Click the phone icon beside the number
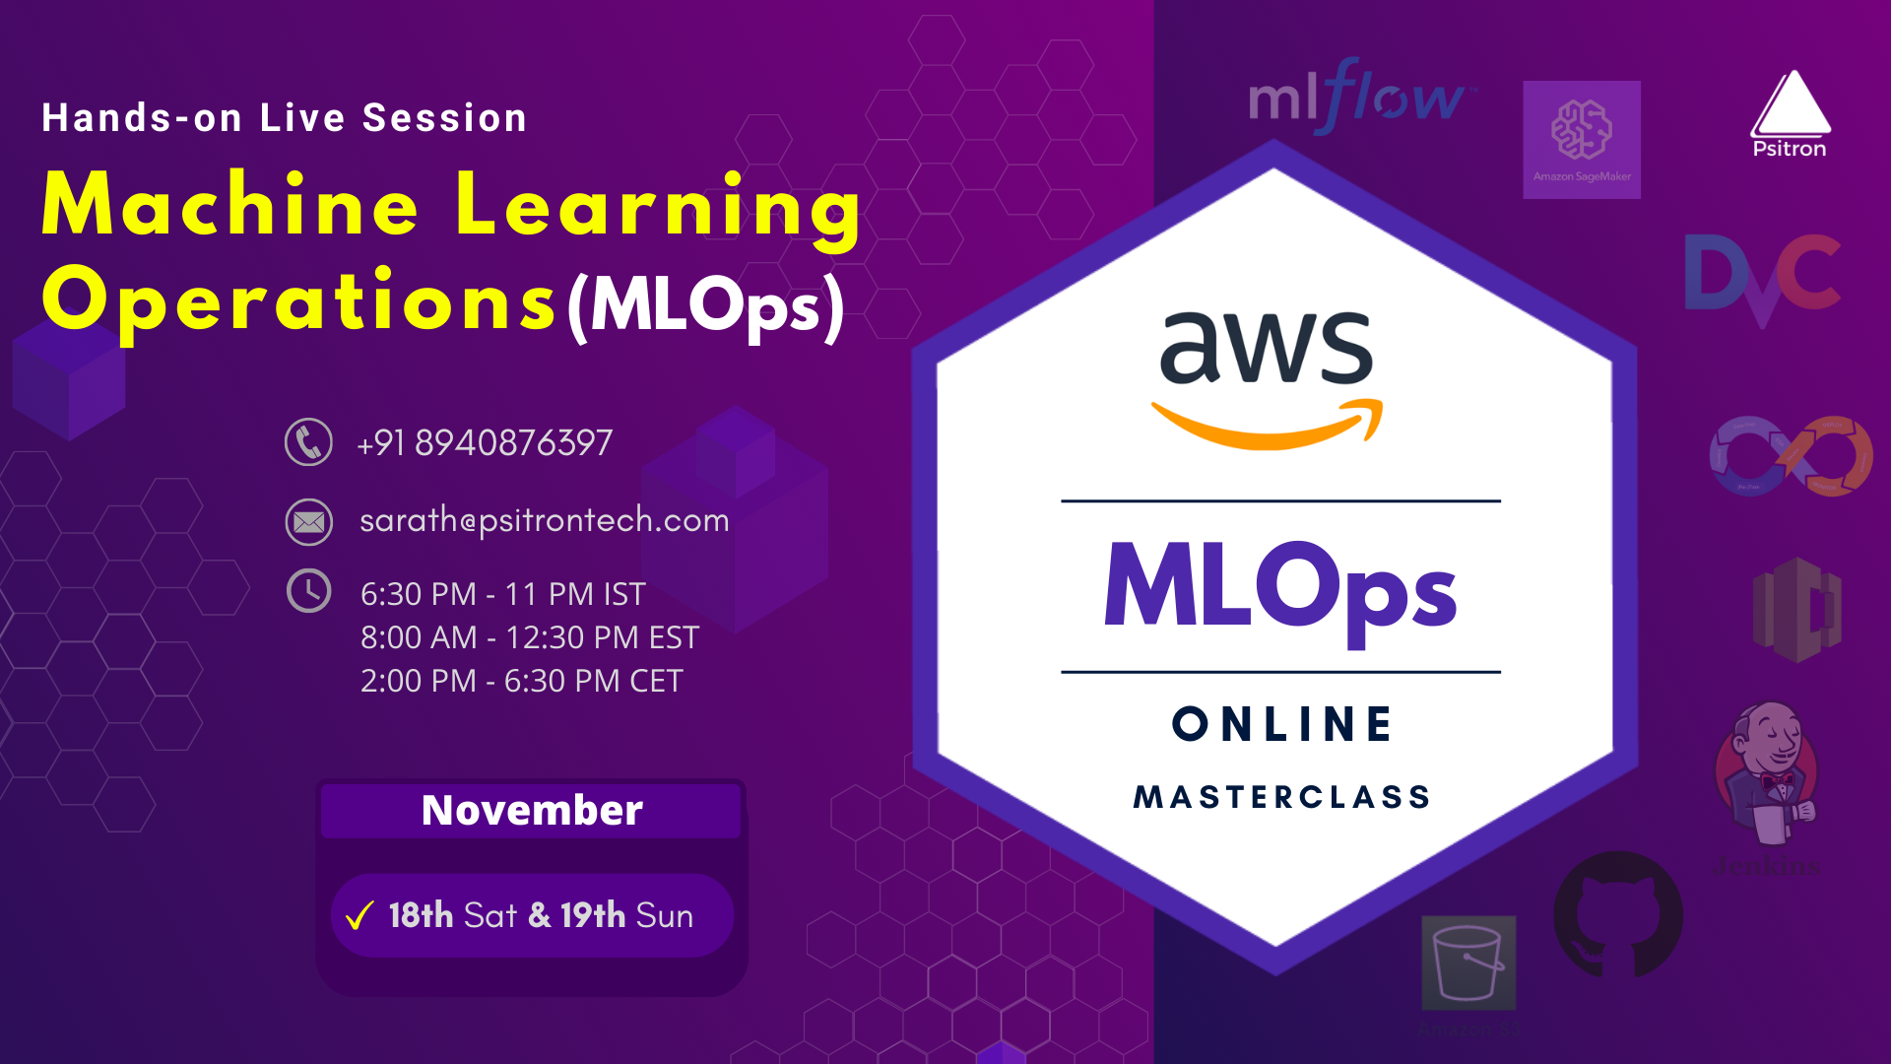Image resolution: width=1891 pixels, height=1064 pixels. pos(308,442)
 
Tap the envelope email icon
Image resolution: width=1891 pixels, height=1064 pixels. pos(308,521)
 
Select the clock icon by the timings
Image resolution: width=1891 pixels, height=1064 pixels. pos(308,591)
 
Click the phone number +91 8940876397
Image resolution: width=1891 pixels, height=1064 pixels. pos(485,443)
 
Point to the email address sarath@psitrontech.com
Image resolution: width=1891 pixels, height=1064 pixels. pos(544,520)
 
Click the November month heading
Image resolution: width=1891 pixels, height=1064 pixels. pos(532,810)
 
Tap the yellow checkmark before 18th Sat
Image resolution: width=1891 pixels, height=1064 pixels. pos(359,916)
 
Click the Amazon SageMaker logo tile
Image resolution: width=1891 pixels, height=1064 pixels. pos(1581,139)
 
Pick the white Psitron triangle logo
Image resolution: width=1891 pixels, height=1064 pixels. pos(1790,106)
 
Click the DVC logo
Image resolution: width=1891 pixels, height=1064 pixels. pos(1761,276)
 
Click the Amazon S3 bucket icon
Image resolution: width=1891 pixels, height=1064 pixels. pos(1467,962)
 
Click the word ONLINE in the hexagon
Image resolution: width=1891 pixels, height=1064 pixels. pos(1281,724)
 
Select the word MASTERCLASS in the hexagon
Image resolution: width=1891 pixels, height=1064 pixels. pos(1281,796)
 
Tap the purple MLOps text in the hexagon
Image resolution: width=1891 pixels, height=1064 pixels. pos(1279,588)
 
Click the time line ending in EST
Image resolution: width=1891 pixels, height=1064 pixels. pos(529,637)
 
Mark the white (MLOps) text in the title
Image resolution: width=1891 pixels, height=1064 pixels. pos(705,306)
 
